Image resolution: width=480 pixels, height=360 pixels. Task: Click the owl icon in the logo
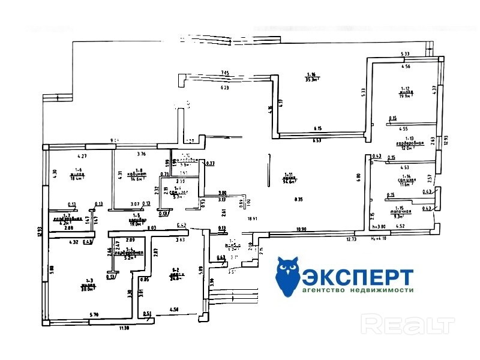click(289, 275)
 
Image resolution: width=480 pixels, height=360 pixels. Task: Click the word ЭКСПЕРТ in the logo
click(358, 277)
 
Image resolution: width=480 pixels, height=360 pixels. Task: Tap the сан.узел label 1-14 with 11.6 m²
click(407, 182)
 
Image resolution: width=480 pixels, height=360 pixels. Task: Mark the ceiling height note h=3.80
click(379, 227)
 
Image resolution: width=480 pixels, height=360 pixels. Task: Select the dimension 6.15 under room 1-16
click(318, 128)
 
